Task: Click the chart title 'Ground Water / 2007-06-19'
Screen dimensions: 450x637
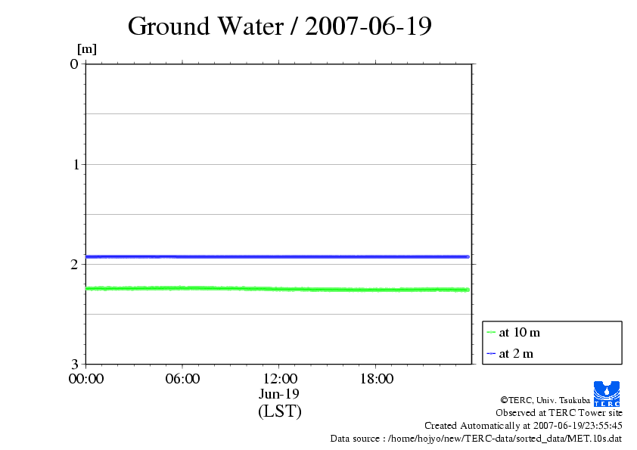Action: click(280, 26)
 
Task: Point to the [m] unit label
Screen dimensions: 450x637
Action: click(87, 50)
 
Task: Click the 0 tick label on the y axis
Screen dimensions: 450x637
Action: click(74, 64)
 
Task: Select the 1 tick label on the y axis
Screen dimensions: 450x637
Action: click(74, 164)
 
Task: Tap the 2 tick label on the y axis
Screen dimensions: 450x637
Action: click(74, 264)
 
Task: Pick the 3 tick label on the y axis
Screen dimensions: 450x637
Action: click(74, 364)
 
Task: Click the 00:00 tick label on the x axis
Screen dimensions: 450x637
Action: click(86, 378)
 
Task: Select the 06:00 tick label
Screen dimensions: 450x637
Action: click(182, 378)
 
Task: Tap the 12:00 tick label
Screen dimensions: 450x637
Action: click(279, 378)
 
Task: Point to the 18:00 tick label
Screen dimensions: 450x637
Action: click(376, 378)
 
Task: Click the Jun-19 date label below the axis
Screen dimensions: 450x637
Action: click(279, 393)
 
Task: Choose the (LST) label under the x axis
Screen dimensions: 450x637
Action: click(279, 411)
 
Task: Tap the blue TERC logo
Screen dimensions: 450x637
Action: click(607, 393)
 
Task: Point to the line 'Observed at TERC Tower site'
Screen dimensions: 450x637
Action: click(559, 413)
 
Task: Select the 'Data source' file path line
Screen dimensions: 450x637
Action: click(476, 438)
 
